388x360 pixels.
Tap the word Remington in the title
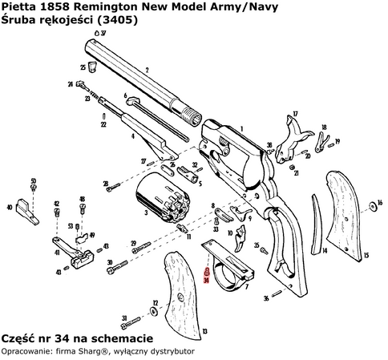(x=97, y=6)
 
